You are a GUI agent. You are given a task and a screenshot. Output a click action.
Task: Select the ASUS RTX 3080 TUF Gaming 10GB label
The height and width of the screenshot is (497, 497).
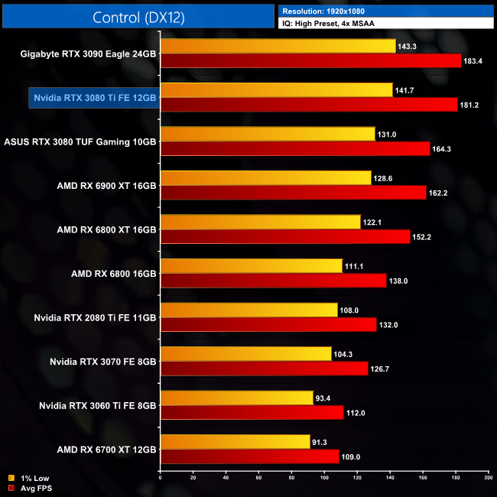pos(80,141)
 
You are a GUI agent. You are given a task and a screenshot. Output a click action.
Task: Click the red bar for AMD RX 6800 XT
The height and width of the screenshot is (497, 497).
pos(285,237)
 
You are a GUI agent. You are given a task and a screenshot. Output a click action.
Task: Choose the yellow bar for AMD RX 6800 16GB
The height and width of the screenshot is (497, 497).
pos(252,266)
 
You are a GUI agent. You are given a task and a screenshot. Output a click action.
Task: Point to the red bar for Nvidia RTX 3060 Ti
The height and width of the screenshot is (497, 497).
pos(252,413)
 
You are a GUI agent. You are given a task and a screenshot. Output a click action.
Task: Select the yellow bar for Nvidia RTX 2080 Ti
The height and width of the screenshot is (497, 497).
pos(248,310)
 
